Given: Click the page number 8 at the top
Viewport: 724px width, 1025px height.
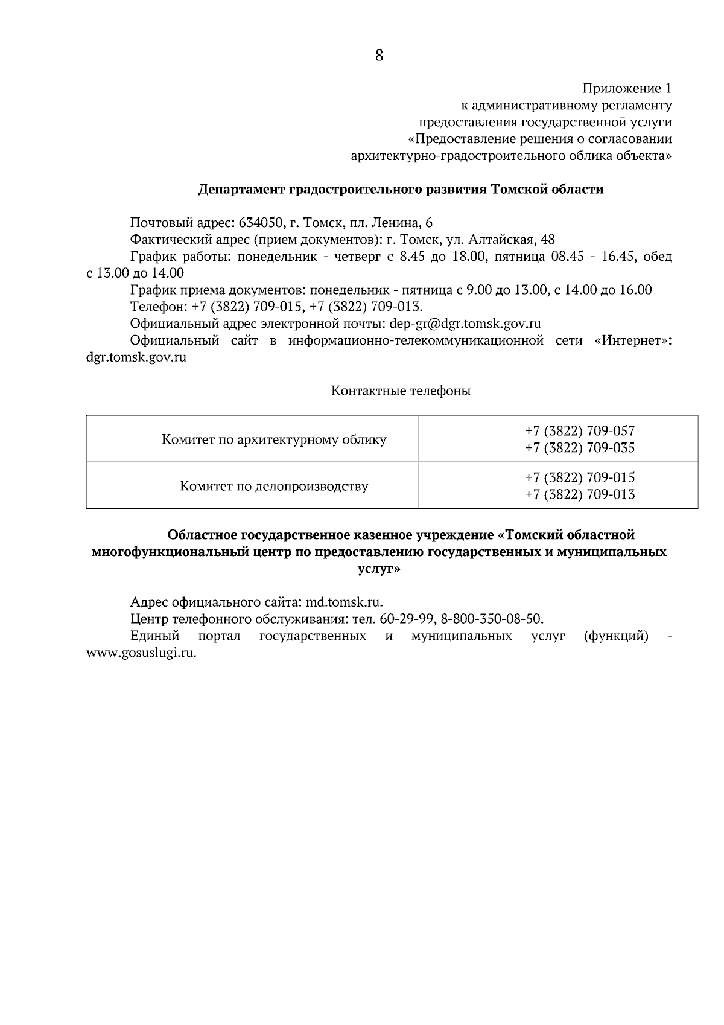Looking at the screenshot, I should [x=379, y=56].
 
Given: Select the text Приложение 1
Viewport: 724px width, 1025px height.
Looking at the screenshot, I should [x=627, y=89].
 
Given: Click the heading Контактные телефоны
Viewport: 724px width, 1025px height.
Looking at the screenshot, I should [x=401, y=391].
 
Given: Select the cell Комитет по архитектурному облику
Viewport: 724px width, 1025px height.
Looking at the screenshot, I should [x=274, y=439].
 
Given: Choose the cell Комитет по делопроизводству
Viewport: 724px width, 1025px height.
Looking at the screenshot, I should [x=274, y=486].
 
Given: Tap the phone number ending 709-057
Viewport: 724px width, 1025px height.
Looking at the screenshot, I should [x=580, y=431].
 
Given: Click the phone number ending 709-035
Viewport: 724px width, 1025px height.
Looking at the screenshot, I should [x=580, y=448].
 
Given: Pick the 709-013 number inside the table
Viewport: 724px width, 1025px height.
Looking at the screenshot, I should [x=580, y=495].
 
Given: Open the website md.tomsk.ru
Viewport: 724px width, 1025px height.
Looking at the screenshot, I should [x=345, y=602].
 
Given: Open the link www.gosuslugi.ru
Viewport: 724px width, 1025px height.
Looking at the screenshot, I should [x=142, y=653].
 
